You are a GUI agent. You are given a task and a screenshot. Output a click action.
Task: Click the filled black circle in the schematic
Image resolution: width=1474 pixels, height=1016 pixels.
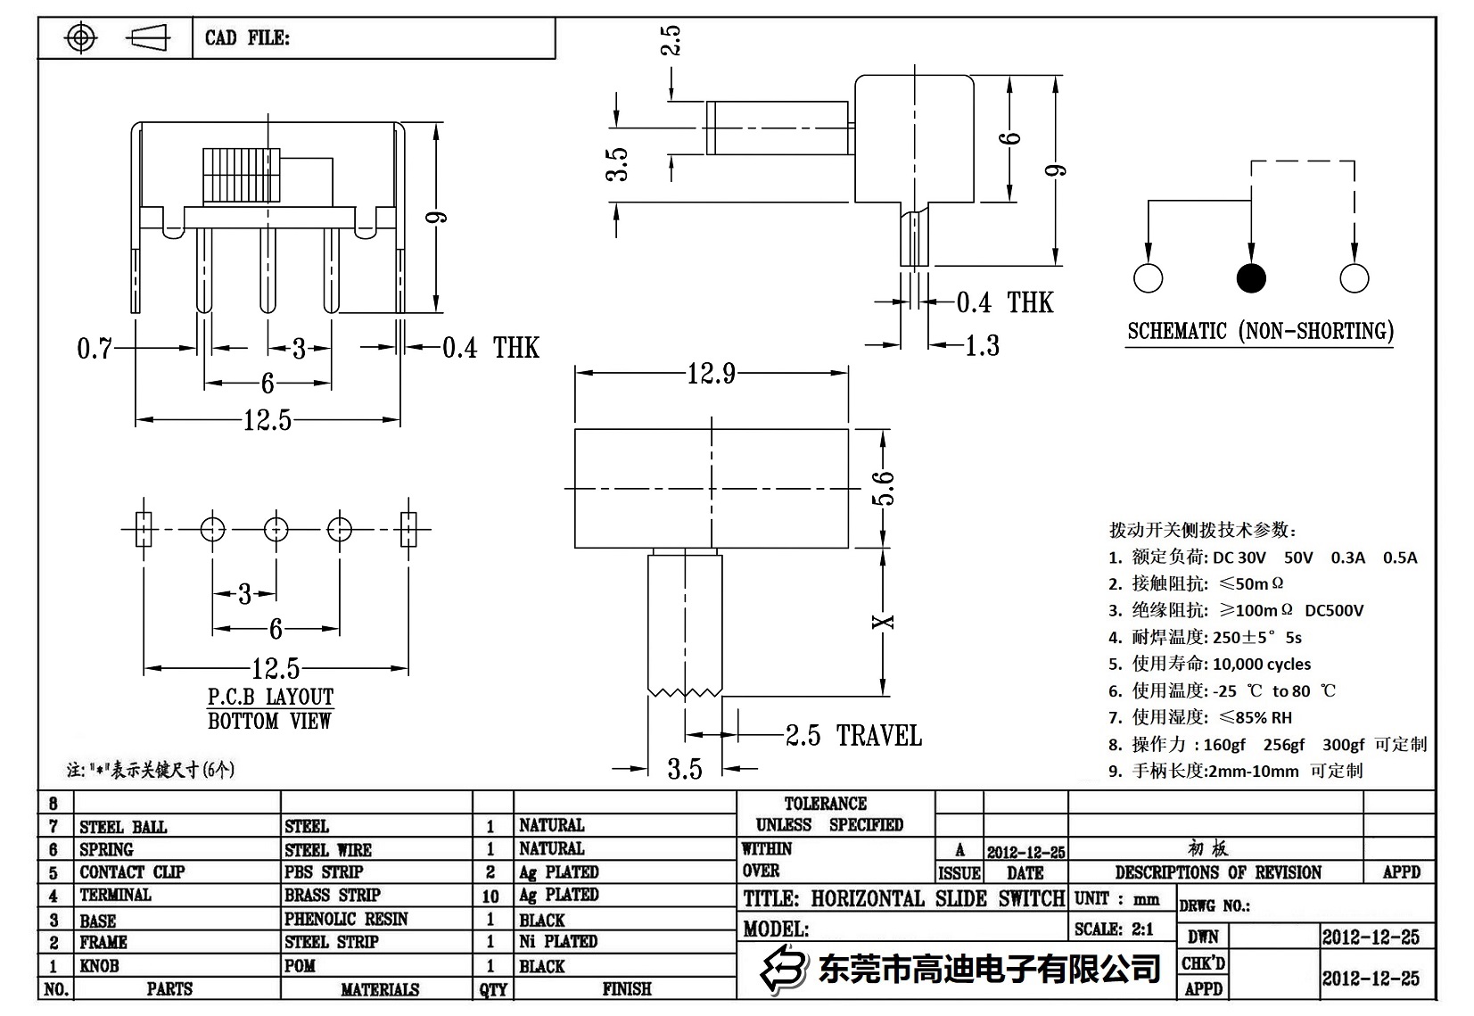(x=1251, y=278)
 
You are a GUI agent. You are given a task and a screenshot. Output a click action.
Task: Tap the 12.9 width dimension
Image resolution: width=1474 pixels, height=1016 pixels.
(x=711, y=374)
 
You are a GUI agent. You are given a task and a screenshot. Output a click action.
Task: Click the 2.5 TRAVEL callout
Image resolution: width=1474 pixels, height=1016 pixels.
(x=852, y=736)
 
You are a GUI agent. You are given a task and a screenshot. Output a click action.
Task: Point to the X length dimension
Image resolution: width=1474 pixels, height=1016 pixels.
(x=882, y=622)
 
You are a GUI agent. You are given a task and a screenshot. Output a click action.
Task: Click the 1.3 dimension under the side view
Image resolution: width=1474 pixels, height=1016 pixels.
(x=982, y=346)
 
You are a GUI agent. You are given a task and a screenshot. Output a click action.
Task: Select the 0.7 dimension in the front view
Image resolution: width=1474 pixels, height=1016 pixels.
(x=94, y=348)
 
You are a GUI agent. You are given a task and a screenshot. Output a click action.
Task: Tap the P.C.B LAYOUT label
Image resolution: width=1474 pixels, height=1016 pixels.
(x=270, y=697)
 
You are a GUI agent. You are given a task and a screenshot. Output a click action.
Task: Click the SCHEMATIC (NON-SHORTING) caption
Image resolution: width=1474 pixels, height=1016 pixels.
(x=1259, y=331)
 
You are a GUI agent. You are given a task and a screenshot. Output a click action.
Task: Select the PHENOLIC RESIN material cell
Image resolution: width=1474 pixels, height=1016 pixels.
(x=346, y=919)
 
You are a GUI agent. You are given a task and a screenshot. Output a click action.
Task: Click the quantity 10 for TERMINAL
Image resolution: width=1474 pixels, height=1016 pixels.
(x=490, y=896)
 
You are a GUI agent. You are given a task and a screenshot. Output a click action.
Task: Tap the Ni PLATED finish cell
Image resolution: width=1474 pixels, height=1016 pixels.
(x=558, y=941)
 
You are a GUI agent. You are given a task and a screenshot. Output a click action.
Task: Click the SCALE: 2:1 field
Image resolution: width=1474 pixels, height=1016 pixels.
(x=1114, y=929)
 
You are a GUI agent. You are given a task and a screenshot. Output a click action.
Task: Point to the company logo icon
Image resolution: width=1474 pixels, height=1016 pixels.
(x=781, y=969)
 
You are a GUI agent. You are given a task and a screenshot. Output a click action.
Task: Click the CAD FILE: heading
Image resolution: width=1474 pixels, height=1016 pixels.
(x=247, y=37)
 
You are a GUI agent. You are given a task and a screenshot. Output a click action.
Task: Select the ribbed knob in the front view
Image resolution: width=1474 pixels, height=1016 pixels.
(x=242, y=175)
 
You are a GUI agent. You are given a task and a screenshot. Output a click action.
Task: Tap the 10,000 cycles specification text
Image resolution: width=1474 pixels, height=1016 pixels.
(x=1261, y=664)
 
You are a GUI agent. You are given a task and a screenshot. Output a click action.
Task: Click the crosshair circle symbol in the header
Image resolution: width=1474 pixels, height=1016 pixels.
(x=81, y=37)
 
